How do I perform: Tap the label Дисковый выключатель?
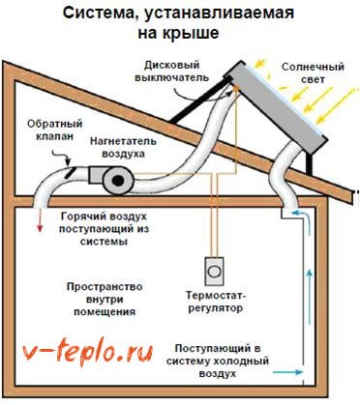pos(171,72)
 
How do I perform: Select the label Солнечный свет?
pos(313,73)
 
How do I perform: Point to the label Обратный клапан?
pos(55,130)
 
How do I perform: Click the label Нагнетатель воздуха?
pos(123,147)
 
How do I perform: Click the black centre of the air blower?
pos(117,181)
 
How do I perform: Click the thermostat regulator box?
pos(214,271)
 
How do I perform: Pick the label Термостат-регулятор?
pos(214,302)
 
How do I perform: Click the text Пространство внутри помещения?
pos(105,299)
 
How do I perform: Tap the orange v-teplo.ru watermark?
pos(88,354)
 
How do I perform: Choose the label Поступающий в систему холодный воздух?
pos(218,361)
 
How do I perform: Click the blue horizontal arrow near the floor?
pos(287,372)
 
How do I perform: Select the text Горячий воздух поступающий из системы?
pos(104,229)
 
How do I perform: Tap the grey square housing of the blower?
pos(96,176)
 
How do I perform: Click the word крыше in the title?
pos(195,33)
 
